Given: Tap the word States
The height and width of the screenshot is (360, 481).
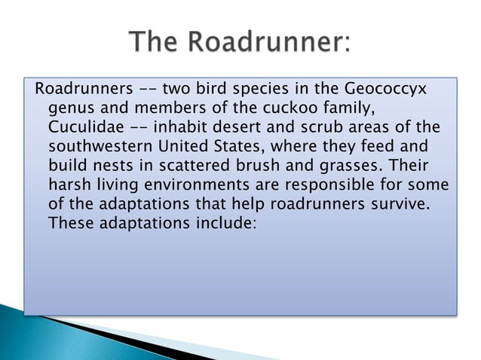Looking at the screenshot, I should click(x=258, y=147).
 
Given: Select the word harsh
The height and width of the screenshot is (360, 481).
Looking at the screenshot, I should click(x=69, y=185).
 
